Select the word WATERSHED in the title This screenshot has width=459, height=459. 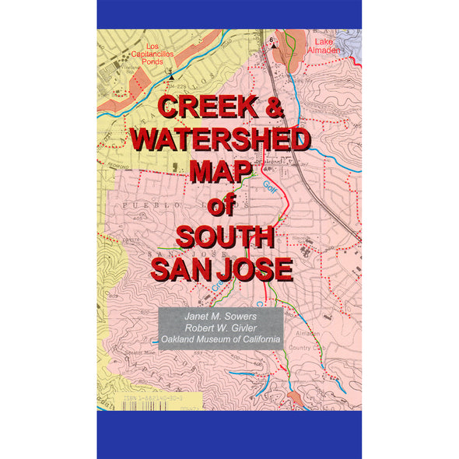[x=219, y=141]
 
